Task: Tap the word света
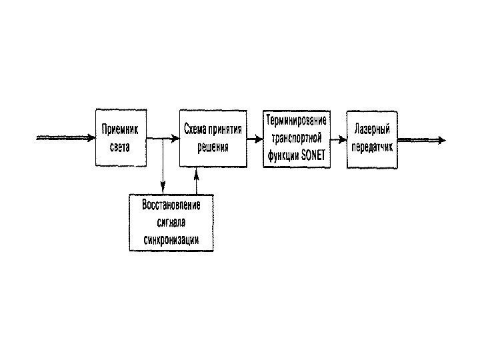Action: pos(121,145)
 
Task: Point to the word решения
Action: pos(212,146)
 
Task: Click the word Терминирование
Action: pos(296,121)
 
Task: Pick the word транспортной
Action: pos(296,137)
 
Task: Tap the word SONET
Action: pos(311,154)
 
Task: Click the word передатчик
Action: pos(372,146)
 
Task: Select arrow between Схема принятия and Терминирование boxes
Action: pos(254,139)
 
